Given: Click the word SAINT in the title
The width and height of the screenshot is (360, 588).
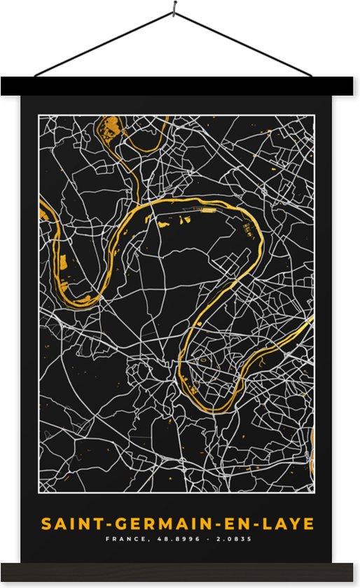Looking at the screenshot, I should [66, 524].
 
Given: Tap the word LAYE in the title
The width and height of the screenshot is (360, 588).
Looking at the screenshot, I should [287, 524].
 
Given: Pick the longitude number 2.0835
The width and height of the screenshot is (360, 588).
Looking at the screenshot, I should [233, 540].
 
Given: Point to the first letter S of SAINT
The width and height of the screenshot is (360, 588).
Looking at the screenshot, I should [46, 524].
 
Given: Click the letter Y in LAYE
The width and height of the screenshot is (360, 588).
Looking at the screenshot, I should [296, 524].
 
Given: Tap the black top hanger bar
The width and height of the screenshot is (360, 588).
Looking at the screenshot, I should [180, 86].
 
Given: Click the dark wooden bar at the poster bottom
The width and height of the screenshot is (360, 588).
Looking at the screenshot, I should [180, 572].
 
